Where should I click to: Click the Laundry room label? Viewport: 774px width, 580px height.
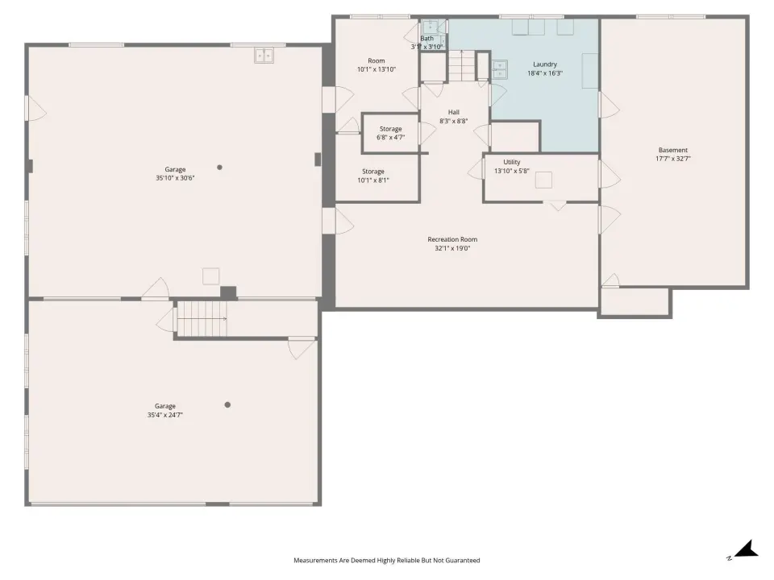point(545,64)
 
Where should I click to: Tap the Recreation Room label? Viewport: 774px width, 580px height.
point(452,239)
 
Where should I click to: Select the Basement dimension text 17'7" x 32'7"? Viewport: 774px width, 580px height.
point(672,159)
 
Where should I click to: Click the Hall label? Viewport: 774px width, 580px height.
point(454,112)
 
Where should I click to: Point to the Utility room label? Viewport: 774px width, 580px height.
point(512,162)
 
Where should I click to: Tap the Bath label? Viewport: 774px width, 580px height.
point(427,39)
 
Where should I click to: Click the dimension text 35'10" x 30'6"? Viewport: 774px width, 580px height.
point(175,178)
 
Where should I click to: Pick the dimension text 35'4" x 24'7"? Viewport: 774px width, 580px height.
point(164,415)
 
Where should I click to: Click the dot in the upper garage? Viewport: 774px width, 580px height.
point(219,168)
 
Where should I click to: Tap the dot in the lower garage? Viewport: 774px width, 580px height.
point(227,404)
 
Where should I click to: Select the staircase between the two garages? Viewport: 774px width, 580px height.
point(202,319)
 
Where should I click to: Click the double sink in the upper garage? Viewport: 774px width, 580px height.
point(264,56)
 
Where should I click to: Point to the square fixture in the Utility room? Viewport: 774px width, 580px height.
point(543,180)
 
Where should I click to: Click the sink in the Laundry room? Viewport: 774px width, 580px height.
point(500,69)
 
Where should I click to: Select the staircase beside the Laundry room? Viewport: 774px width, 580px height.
point(462,65)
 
